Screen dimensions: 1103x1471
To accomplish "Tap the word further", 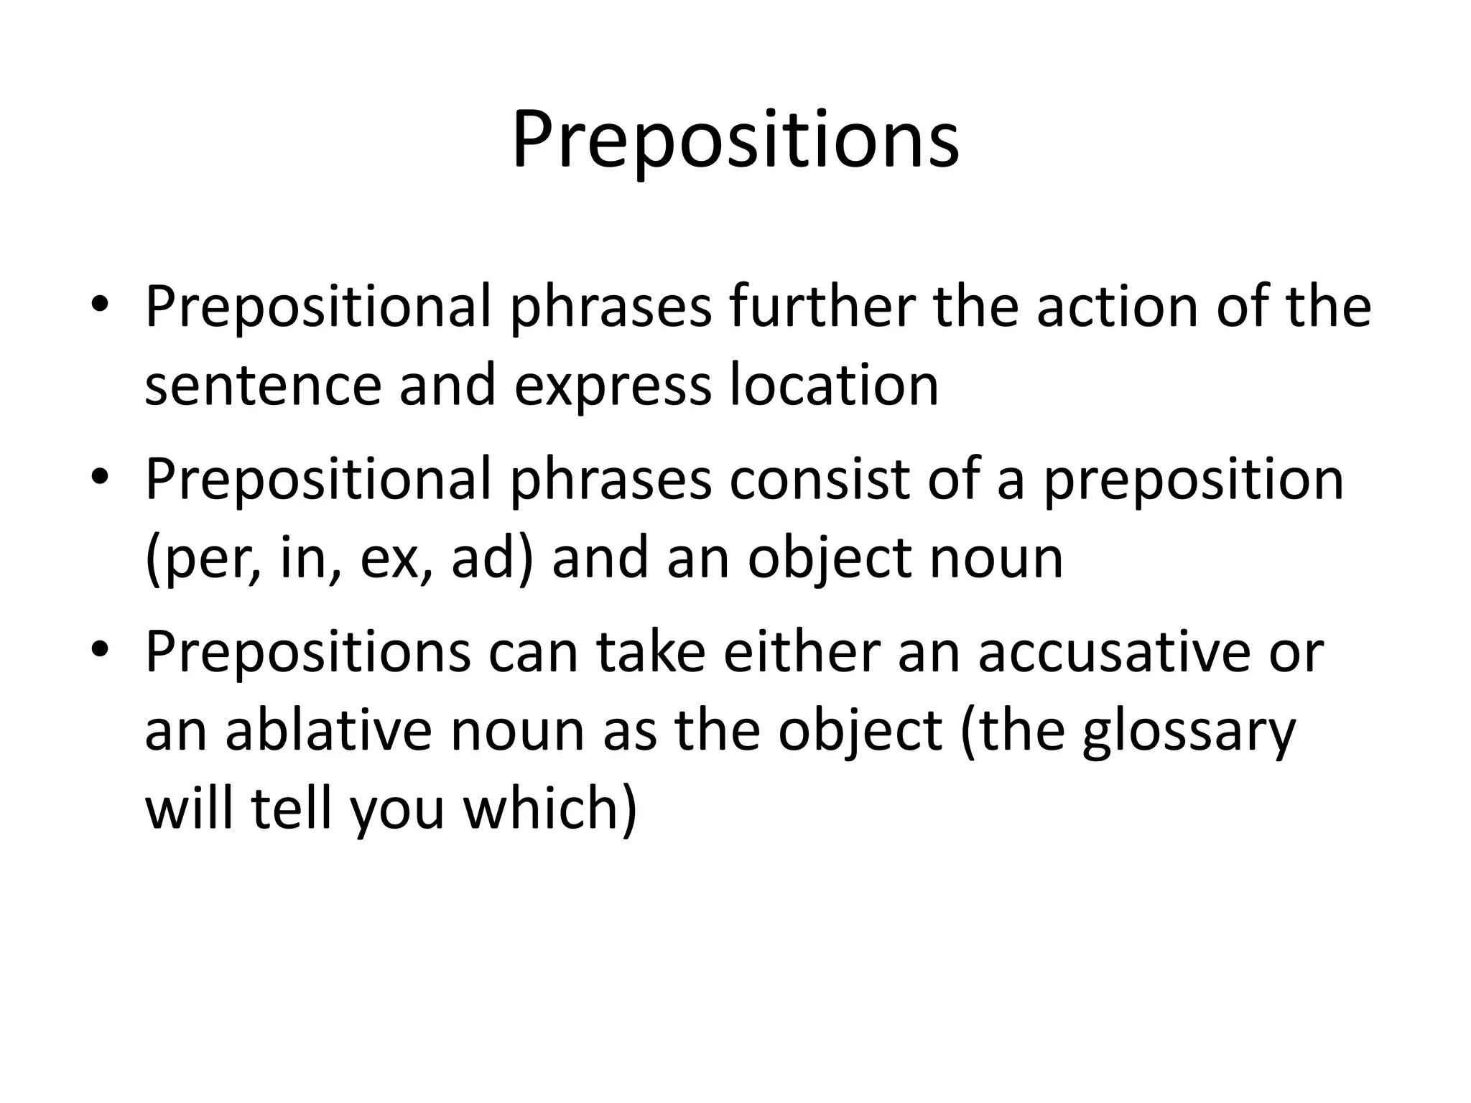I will [x=822, y=307].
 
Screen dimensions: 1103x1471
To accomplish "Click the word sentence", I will [x=262, y=384].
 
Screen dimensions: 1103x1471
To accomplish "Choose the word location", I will [x=834, y=384].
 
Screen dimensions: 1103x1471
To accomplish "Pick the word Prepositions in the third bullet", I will [x=308, y=653].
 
